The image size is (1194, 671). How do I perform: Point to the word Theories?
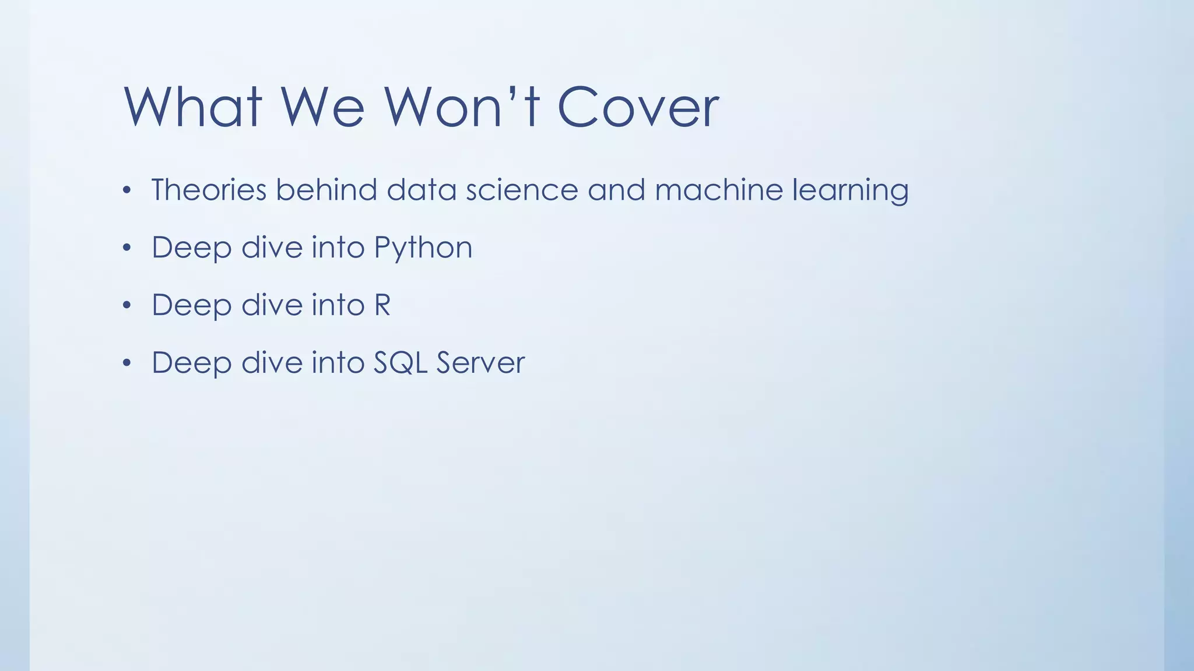tap(209, 190)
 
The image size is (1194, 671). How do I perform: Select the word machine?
tap(718, 190)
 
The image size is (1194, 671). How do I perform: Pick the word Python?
tap(423, 248)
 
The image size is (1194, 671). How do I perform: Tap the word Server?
tap(480, 363)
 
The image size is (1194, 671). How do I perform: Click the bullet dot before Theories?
tap(127, 190)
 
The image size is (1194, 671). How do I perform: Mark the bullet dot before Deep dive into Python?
tap(127, 248)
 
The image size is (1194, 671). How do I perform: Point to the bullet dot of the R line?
tap(127, 305)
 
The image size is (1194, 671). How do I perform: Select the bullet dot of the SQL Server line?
tap(127, 363)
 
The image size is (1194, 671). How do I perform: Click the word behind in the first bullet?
tap(326, 190)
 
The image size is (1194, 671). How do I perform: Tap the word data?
tap(421, 190)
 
